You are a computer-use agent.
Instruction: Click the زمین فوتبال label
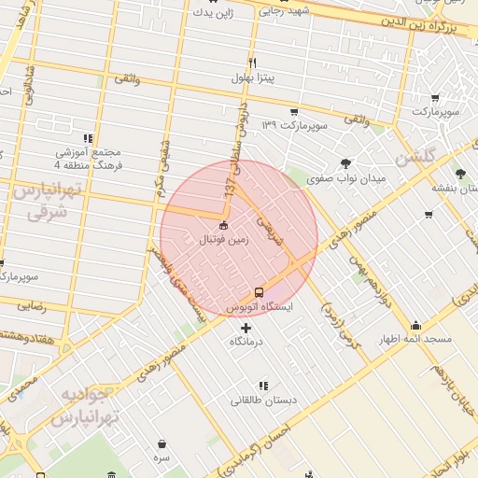coord(223,240)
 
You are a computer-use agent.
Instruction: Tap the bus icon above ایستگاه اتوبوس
coord(259,291)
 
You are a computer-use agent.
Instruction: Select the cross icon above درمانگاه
coord(246,328)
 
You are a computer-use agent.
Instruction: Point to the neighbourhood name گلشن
coord(415,158)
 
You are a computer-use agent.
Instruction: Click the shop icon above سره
coord(162,444)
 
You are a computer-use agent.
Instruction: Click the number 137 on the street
coord(227,186)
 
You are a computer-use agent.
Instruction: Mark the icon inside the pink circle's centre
coord(223,225)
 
